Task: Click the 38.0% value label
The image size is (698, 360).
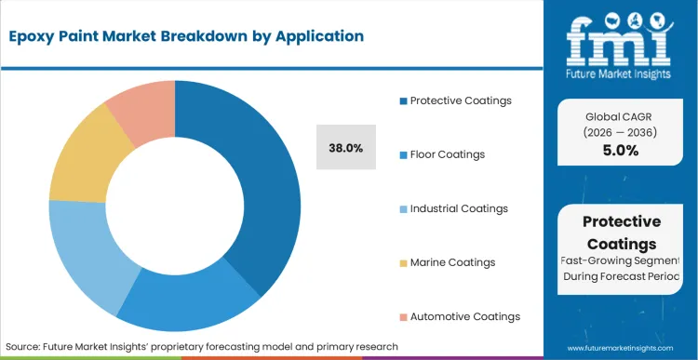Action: [346, 147]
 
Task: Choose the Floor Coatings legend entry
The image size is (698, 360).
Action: [448, 154]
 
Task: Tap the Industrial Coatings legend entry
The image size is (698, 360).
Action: [459, 208]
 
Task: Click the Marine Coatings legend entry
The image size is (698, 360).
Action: [452, 262]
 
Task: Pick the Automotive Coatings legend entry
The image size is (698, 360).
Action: [464, 316]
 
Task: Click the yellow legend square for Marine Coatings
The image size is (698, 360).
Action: [403, 262]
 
